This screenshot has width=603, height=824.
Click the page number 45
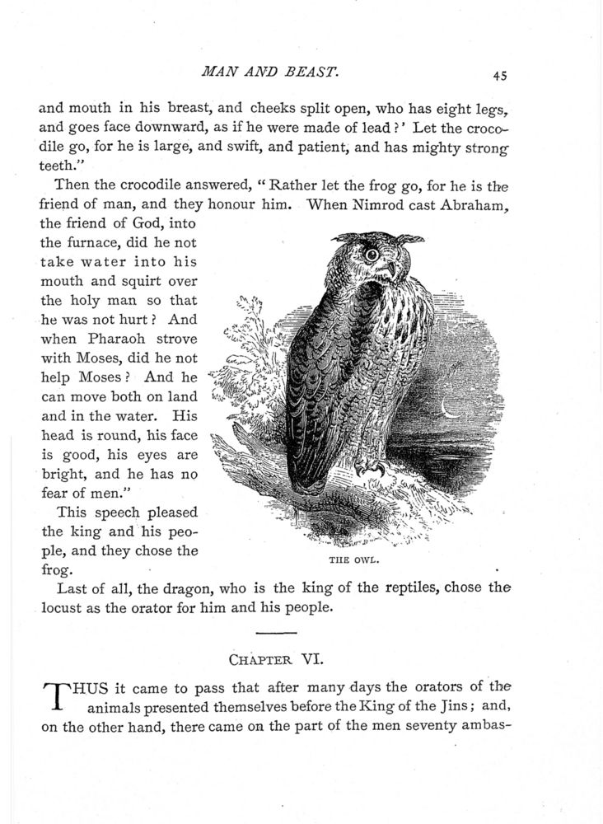coord(499,75)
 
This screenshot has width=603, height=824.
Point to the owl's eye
coord(372,255)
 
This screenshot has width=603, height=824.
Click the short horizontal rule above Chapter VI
coord(278,633)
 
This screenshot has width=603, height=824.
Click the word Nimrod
coord(340,207)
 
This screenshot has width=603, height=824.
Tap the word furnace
coord(82,243)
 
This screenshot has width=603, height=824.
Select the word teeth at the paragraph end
coord(59,165)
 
